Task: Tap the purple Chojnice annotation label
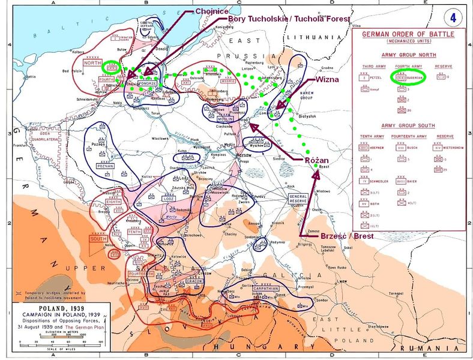tap(210, 11)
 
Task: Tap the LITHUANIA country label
tap(328, 37)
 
